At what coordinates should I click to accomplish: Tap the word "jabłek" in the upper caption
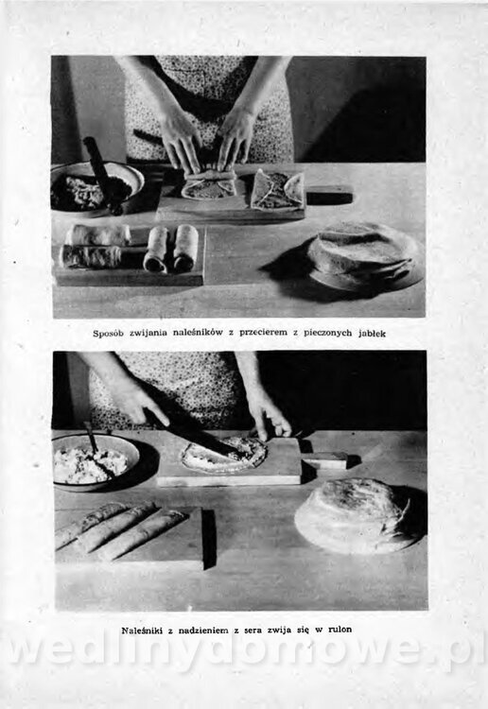point(373,334)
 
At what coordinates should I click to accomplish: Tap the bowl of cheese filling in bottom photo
point(96,461)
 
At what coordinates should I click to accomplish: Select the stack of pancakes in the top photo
point(364,255)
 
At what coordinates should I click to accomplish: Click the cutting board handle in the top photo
point(329,195)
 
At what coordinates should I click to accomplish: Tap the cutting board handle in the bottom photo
point(324,460)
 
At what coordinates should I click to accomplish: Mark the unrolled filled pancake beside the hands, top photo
point(277,189)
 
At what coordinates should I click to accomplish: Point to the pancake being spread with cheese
point(224,455)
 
